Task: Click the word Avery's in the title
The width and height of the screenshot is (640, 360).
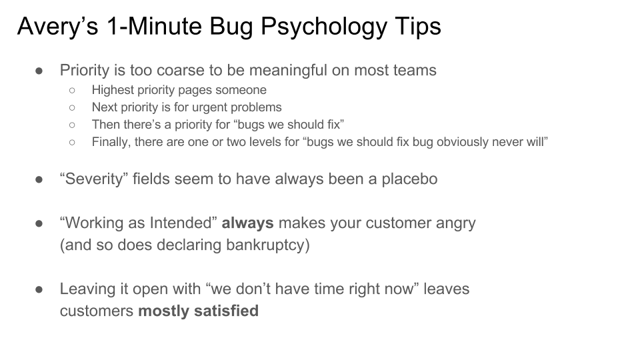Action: click(x=57, y=26)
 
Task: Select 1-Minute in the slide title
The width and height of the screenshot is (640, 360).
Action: click(x=154, y=26)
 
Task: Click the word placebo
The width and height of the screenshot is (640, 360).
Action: click(x=409, y=179)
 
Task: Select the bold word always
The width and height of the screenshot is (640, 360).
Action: click(x=247, y=223)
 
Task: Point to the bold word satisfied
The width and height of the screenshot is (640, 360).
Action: click(x=226, y=311)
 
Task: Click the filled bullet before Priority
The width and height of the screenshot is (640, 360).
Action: click(x=39, y=71)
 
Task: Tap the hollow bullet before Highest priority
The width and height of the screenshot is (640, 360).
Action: click(x=72, y=91)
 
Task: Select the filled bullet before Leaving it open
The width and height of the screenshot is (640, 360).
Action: click(x=39, y=290)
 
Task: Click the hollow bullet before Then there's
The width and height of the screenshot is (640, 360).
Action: click(x=72, y=125)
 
